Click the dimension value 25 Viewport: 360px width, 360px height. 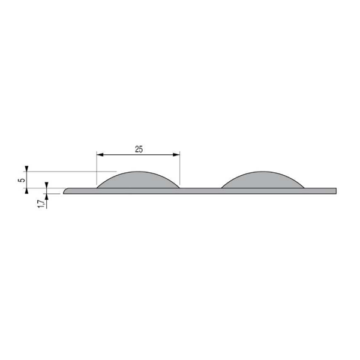coord(139,149)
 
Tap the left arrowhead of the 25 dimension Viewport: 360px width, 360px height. coord(100,155)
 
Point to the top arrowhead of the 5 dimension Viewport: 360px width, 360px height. coord(28,169)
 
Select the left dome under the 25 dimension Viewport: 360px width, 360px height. coord(139,180)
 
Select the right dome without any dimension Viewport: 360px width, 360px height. coord(263,180)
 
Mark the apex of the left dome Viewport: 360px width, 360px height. coord(139,172)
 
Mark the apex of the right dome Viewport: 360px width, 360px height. coord(263,172)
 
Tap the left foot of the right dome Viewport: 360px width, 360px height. coord(223,187)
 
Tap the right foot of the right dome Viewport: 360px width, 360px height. coord(304,187)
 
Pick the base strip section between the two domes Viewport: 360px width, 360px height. coord(201,191)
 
